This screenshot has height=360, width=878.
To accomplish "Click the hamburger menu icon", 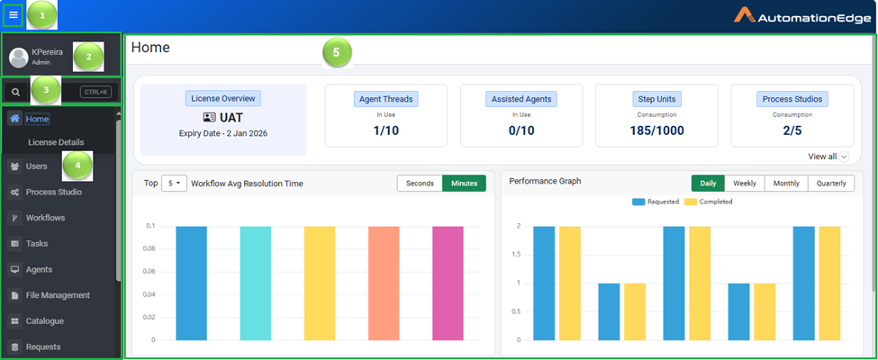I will [x=13, y=15].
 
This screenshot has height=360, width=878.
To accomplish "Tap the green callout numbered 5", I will [x=336, y=53].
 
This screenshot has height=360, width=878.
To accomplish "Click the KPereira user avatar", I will [x=19, y=58].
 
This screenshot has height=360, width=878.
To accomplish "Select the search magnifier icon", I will [x=15, y=92].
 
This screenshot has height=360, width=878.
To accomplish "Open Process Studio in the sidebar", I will [x=53, y=192].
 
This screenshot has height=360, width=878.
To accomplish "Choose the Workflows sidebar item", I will [x=45, y=218].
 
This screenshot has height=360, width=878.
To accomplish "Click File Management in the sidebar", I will [x=58, y=295].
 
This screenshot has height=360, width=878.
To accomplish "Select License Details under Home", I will [x=56, y=142].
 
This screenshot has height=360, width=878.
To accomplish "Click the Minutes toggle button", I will [x=464, y=184].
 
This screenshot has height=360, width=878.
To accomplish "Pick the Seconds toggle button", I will [x=420, y=184].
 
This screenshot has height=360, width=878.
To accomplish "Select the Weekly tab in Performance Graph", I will [x=744, y=184].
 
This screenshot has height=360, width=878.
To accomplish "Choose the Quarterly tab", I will [x=830, y=184].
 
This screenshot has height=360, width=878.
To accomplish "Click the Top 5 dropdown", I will [x=174, y=184].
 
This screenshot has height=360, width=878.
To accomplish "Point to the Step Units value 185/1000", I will [x=656, y=131].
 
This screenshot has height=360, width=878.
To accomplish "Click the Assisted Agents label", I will [x=521, y=99].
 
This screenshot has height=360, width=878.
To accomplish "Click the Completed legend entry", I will [x=711, y=202].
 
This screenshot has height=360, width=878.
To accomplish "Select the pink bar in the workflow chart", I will [x=448, y=283].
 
